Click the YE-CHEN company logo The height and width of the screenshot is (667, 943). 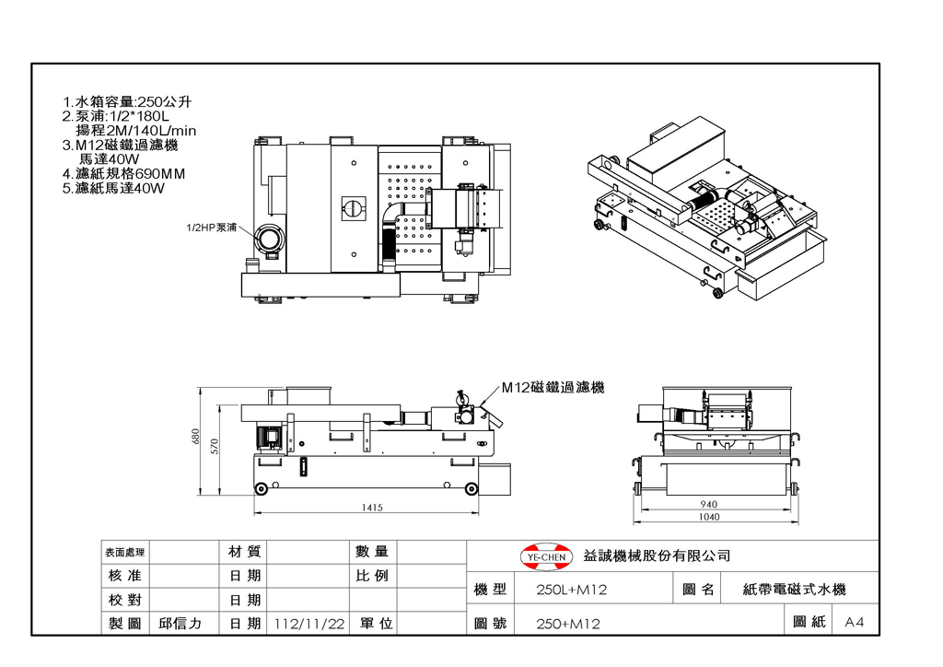(545, 557)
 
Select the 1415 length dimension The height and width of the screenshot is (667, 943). (372, 508)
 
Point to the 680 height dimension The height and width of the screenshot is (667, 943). (195, 437)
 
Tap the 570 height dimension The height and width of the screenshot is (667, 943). (215, 446)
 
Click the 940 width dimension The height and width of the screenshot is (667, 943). (708, 504)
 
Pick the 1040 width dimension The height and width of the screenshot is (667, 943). (709, 517)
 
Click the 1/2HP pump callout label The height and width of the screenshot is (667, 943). (211, 228)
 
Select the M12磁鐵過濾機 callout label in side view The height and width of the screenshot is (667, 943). (553, 387)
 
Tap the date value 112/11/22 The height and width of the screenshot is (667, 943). (309, 624)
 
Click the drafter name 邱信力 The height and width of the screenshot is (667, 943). (180, 624)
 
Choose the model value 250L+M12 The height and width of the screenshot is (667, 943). (571, 590)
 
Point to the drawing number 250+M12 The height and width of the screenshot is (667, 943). (568, 624)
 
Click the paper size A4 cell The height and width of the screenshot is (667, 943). (854, 622)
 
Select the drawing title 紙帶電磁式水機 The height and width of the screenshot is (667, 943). (795, 590)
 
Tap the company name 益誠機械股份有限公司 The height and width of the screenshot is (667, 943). (657, 556)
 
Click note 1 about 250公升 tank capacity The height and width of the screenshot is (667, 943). (127, 101)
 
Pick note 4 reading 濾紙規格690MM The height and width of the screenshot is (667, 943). (124, 174)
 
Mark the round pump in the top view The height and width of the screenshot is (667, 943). (270, 239)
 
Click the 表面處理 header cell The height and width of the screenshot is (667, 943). (125, 552)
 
